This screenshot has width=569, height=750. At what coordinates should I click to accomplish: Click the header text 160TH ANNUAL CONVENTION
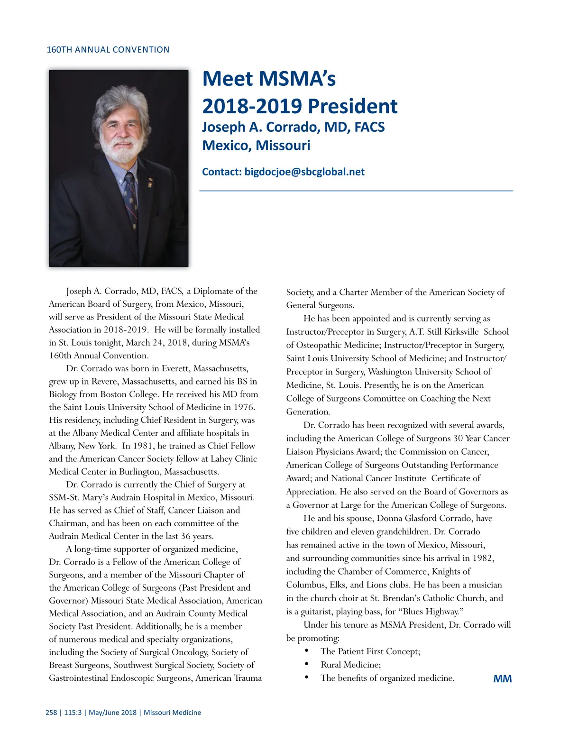tap(108, 50)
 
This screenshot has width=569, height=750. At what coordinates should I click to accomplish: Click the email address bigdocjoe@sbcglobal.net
tap(304, 172)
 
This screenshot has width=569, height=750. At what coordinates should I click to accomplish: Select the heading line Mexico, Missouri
tap(256, 145)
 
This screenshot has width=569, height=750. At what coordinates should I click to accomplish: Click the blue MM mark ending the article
tap(502, 679)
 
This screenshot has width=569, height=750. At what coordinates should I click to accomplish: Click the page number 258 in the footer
tap(51, 713)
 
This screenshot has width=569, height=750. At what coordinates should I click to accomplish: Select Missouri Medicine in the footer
tap(172, 713)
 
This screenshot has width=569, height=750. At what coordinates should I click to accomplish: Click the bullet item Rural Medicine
tap(350, 665)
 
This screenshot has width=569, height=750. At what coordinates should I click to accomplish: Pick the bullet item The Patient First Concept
tap(370, 651)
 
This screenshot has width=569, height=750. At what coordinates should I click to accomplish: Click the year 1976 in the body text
tap(244, 407)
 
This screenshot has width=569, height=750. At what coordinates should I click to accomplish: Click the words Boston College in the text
tap(131, 394)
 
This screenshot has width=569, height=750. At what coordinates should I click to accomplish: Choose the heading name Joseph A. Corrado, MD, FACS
tap(293, 127)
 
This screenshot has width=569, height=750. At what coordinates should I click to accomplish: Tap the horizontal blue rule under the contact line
tap(356, 191)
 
